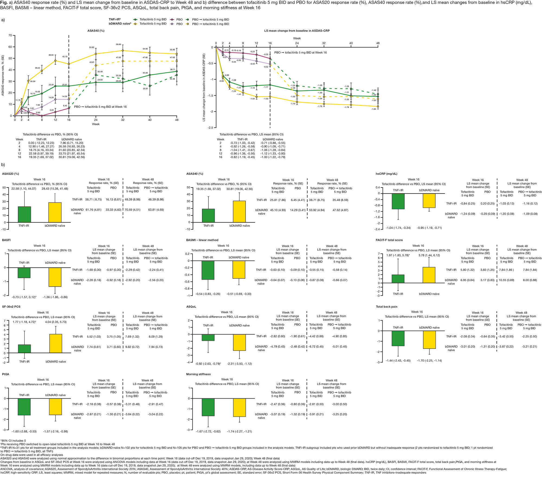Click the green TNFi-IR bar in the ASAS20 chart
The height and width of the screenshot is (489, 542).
click(24, 214)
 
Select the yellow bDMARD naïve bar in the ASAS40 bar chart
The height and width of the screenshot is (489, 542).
click(239, 211)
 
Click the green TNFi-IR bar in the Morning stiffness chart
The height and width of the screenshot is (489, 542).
click(208, 407)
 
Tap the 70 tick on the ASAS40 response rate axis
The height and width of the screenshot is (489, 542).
click(10, 35)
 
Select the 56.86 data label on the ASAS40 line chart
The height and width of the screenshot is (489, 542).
click(119, 44)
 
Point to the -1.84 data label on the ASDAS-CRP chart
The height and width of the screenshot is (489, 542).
click(374, 109)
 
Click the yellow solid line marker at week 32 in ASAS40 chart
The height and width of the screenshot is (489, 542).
click(123, 51)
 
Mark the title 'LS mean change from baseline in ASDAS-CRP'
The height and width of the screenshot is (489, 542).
click(297, 31)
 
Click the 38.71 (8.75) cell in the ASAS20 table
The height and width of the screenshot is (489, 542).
click(93, 199)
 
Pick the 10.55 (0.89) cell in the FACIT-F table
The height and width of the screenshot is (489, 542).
click(506, 280)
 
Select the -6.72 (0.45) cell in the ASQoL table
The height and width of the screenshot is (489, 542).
click(316, 346)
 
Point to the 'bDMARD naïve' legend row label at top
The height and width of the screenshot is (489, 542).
click(120, 24)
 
